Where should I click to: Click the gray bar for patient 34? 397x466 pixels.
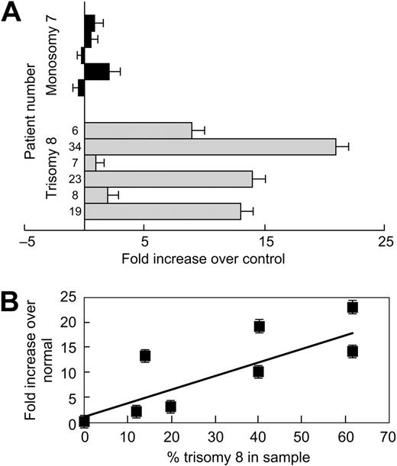210,147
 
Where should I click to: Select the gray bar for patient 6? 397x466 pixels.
137,131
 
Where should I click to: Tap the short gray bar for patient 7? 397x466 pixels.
90,163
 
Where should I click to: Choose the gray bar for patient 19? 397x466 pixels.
162,211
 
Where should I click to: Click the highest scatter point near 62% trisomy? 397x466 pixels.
352,307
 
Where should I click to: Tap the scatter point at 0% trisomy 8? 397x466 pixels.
84,420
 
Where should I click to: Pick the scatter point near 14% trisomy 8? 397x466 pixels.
145,355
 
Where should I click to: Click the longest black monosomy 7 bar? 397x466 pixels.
97,71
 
